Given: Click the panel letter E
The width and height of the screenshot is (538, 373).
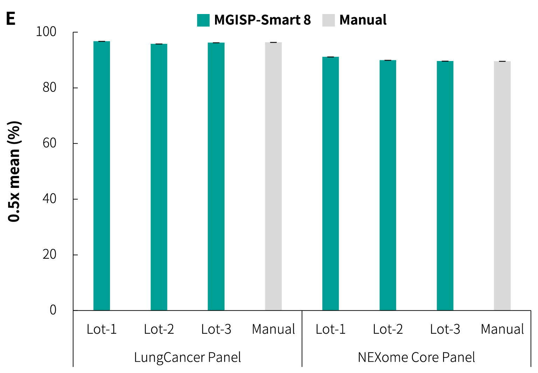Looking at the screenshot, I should [11, 19].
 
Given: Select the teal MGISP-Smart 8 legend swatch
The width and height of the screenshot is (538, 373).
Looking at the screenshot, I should [203, 20].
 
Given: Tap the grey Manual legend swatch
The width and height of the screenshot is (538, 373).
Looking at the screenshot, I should [329, 20].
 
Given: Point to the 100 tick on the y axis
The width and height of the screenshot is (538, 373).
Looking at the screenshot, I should [46, 32].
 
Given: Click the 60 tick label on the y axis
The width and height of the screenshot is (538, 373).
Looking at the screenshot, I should [49, 143].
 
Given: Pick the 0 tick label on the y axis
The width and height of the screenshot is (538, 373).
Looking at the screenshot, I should [53, 310].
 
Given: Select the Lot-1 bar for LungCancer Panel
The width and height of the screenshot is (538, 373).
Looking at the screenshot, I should [102, 175].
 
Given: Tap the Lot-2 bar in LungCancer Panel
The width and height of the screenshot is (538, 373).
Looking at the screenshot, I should [159, 177].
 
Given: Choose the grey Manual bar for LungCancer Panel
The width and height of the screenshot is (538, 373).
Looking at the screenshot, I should [273, 176].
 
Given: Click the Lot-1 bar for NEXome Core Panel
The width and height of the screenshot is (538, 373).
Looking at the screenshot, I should [331, 183].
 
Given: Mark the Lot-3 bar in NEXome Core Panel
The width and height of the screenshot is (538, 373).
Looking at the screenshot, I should [445, 185].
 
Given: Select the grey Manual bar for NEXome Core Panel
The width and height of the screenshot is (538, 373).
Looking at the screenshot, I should [502, 186].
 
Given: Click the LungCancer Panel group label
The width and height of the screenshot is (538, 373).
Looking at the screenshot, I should [187, 358].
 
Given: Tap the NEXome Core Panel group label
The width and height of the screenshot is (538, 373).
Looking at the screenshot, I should [416, 358].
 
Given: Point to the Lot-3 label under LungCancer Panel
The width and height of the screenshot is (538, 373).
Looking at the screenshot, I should [216, 330].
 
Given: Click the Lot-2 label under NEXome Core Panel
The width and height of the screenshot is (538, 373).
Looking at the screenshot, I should [388, 330].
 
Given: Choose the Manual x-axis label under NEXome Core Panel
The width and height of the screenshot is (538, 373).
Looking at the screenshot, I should [502, 330].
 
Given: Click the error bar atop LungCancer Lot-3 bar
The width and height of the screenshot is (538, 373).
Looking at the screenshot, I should [216, 43].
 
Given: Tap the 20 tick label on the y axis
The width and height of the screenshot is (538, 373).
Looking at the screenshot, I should [49, 255].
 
